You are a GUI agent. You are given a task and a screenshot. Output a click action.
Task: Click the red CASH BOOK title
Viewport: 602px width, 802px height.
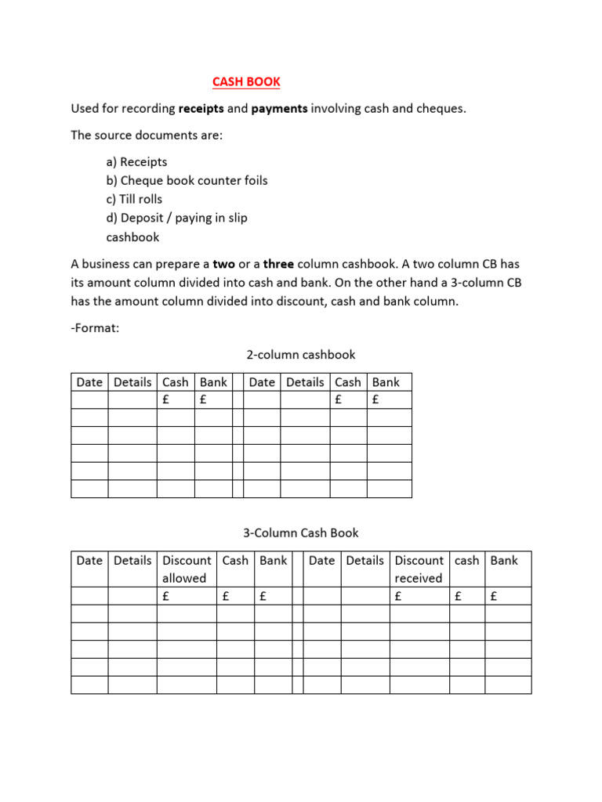click(246, 81)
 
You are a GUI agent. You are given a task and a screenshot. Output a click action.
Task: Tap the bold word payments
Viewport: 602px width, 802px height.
click(279, 109)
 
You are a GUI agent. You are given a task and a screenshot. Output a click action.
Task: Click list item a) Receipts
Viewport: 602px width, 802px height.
click(136, 162)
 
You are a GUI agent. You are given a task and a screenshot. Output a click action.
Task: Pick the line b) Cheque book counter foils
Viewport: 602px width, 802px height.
click(187, 181)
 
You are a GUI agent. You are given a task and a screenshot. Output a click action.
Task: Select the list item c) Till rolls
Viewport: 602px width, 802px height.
click(134, 199)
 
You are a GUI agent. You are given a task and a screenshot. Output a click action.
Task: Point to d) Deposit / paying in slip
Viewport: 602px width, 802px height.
click(176, 218)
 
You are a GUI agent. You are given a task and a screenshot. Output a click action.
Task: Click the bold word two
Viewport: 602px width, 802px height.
click(223, 264)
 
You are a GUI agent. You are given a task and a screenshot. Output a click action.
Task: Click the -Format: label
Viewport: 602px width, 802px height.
click(95, 328)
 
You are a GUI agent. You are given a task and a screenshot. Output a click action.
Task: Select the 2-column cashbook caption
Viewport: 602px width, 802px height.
click(300, 355)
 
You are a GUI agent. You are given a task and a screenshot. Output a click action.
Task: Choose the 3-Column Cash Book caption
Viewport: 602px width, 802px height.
click(300, 533)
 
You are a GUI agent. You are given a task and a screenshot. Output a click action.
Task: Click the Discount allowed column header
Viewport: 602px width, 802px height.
click(187, 569)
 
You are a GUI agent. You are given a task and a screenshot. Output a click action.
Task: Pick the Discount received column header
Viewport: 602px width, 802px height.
click(419, 569)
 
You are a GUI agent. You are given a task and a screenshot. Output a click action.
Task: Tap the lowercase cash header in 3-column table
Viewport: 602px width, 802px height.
click(466, 561)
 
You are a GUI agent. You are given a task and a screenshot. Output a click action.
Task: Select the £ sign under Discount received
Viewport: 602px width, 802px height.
click(399, 597)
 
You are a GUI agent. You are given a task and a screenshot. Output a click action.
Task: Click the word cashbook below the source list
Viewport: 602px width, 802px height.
click(132, 237)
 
